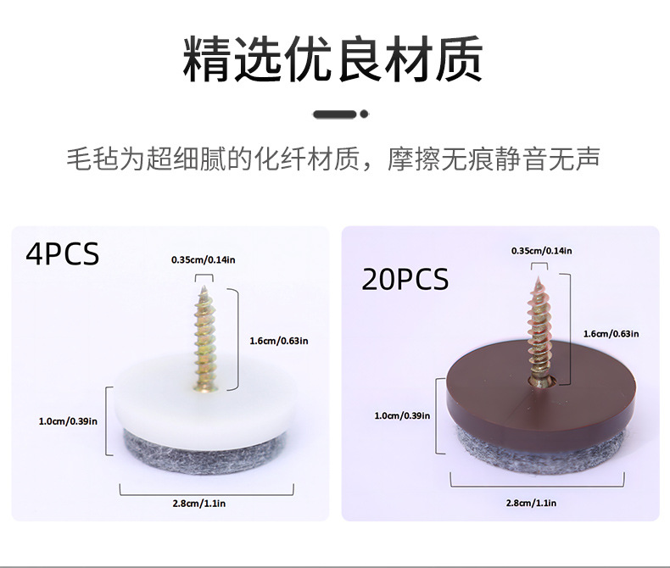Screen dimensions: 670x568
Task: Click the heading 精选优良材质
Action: tap(333, 58)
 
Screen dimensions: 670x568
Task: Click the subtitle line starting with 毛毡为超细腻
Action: tap(333, 159)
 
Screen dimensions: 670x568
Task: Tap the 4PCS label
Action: tap(62, 253)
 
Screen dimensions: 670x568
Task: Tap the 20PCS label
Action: tap(405, 279)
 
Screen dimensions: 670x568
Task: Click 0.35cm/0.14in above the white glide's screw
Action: tap(203, 259)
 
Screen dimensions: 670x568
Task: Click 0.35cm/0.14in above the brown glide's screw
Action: tap(541, 251)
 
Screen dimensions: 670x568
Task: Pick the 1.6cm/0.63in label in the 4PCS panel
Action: tap(279, 341)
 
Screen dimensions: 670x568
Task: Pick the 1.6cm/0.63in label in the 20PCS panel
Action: tap(611, 333)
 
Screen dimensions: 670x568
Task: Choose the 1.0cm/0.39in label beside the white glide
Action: tap(68, 420)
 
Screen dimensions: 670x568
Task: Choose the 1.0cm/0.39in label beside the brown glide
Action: tap(402, 415)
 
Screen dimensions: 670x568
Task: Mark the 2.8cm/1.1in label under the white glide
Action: tap(198, 504)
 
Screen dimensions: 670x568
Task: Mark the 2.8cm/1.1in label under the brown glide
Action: tap(531, 503)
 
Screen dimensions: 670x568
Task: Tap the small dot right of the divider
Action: tap(364, 113)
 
